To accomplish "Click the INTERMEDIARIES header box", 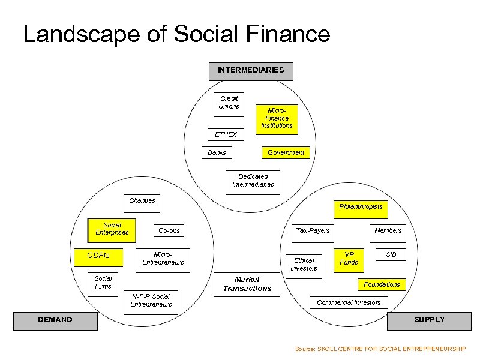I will (x=251, y=71).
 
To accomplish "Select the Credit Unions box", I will (x=229, y=103).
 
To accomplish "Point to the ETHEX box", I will (x=226, y=134).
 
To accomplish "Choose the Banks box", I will (x=217, y=152).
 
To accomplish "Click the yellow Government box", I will (x=286, y=152).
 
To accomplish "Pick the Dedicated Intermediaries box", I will (x=253, y=181).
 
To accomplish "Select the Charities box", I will (x=142, y=200).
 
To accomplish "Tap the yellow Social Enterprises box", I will (x=112, y=229).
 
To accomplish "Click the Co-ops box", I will (x=169, y=230).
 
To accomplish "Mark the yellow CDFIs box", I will (x=98, y=256).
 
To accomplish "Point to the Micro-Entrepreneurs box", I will (x=163, y=259).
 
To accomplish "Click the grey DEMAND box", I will (x=55, y=320).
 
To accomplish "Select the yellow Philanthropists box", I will (x=361, y=207).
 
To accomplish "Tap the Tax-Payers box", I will (x=313, y=230).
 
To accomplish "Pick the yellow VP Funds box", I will (x=349, y=259).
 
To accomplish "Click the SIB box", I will (x=391, y=255).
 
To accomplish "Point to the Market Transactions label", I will (x=247, y=284).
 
